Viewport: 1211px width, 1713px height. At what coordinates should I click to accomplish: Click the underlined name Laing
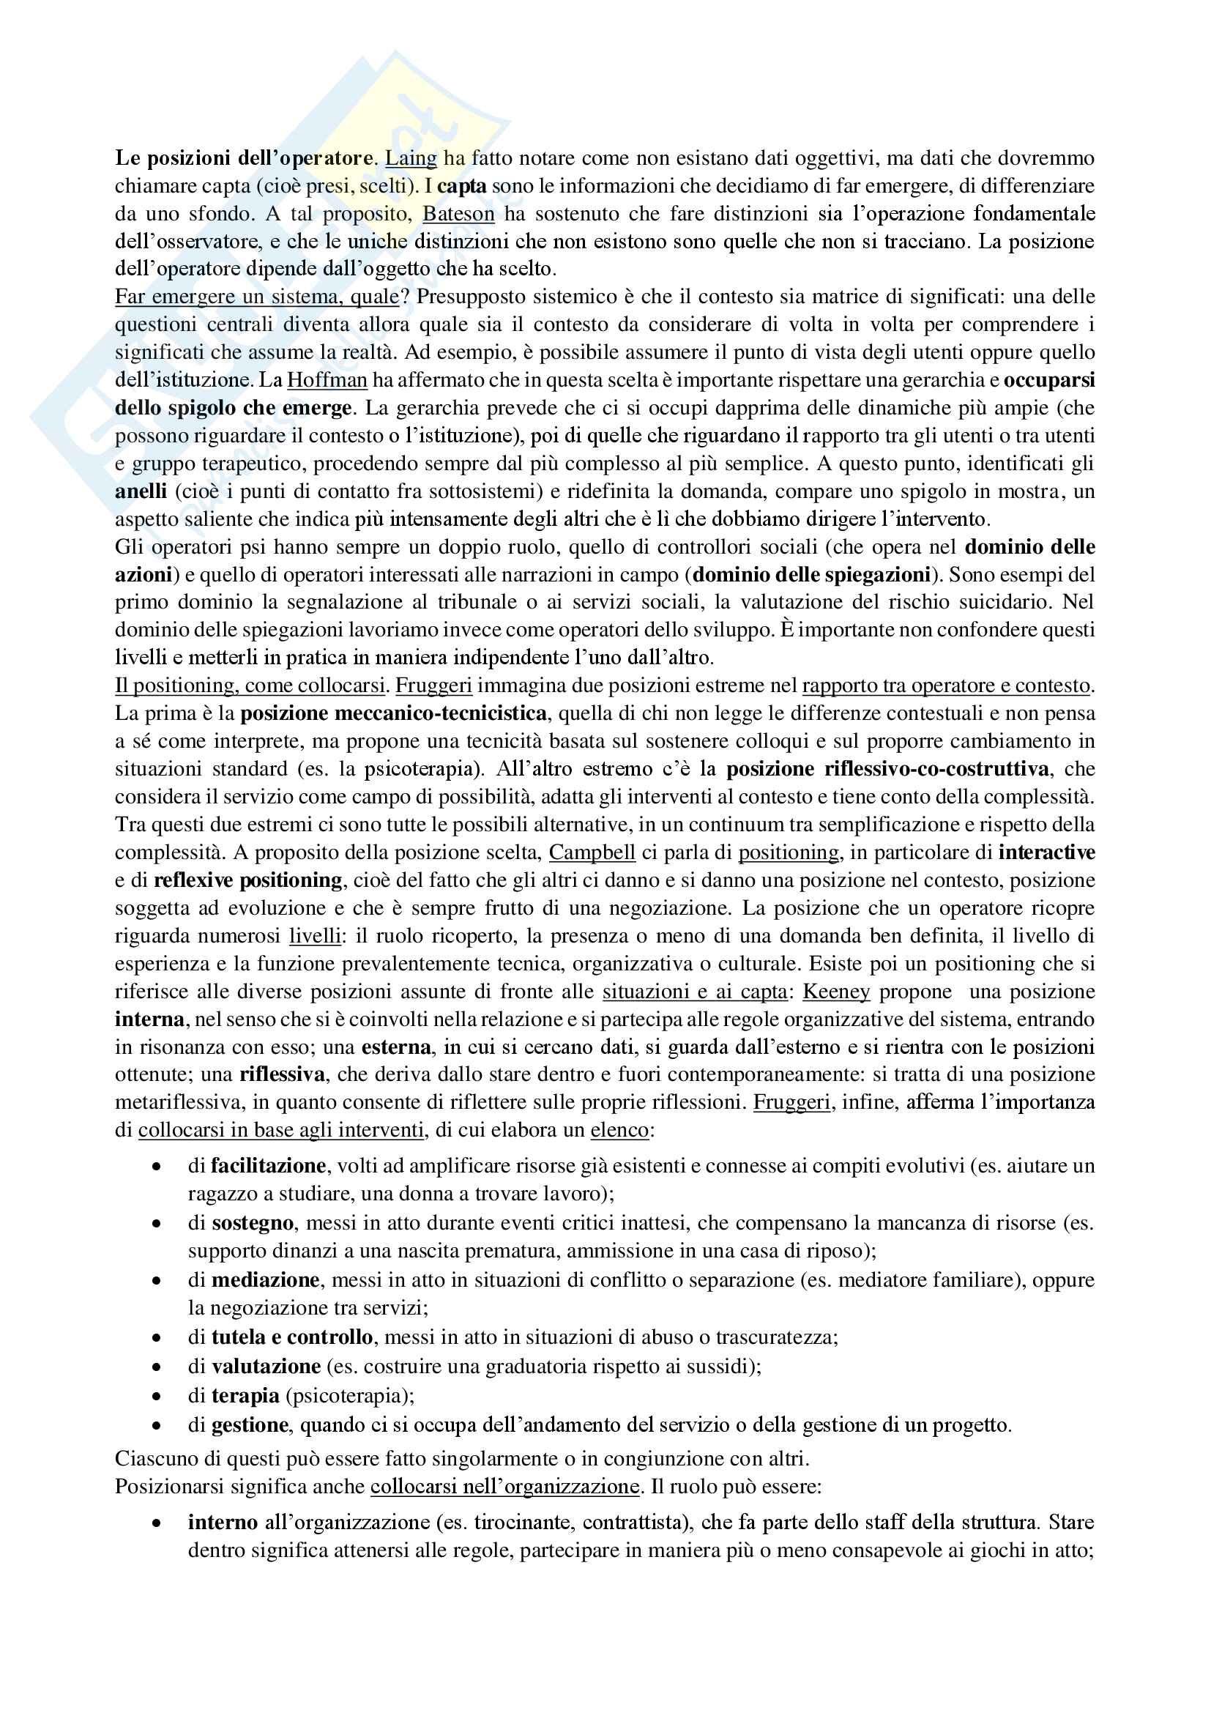click(x=411, y=158)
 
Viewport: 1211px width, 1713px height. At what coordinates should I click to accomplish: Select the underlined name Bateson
click(x=458, y=214)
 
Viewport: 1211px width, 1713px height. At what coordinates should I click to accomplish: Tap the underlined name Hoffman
click(x=327, y=381)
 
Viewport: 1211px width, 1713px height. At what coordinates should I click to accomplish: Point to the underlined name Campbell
click(x=592, y=852)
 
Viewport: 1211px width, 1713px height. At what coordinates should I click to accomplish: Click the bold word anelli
click(x=141, y=491)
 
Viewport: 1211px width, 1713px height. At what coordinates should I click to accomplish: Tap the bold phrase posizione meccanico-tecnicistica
click(x=393, y=713)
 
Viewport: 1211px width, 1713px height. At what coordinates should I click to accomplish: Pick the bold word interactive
click(x=1047, y=852)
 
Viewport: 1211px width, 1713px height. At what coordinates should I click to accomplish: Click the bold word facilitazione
click(x=269, y=1165)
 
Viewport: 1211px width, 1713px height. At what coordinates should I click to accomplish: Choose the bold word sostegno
click(x=253, y=1222)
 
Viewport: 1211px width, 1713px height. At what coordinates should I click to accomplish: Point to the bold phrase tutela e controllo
click(x=292, y=1337)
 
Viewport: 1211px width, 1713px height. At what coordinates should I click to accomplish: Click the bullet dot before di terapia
click(x=157, y=1396)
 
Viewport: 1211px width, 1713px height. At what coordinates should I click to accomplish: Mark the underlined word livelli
click(x=315, y=935)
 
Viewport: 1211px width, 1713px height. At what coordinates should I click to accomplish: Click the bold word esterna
click(x=396, y=1047)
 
